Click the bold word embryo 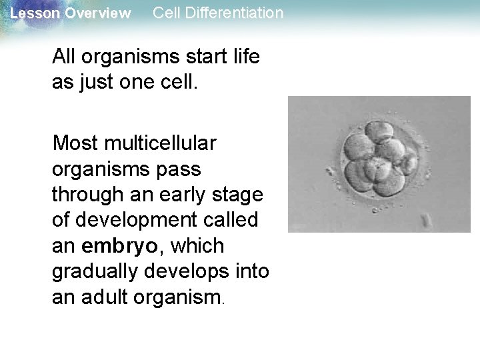120,246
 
